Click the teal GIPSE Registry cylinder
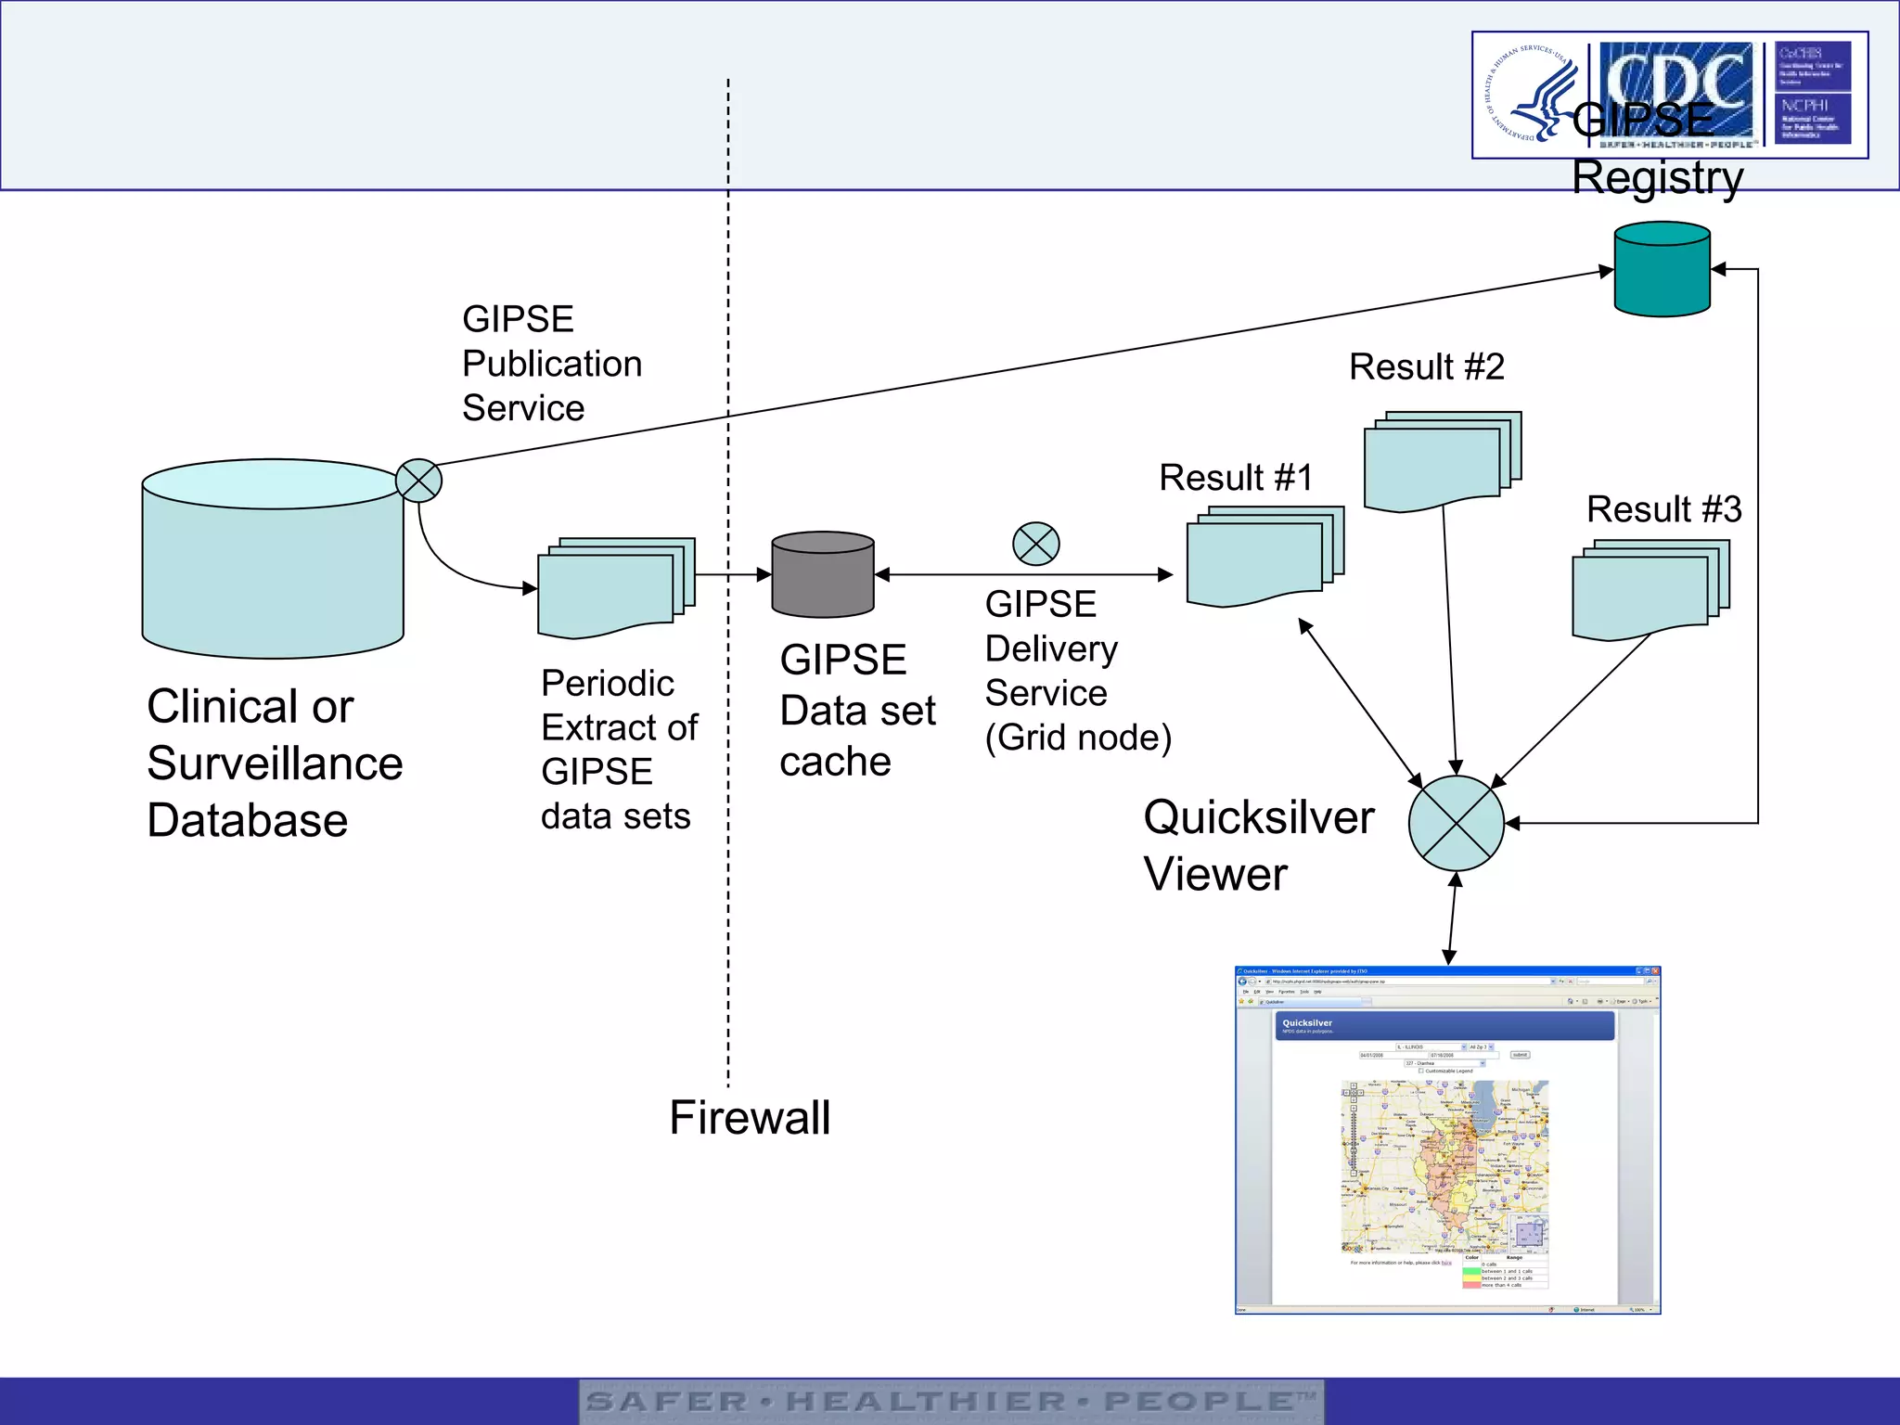[x=1662, y=270]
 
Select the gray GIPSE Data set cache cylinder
[x=822, y=575]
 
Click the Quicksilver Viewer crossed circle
[x=1456, y=823]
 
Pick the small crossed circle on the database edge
[x=418, y=481]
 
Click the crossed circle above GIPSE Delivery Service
[x=1035, y=544]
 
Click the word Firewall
[x=750, y=1117]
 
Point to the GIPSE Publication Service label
[x=551, y=364]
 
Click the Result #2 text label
[x=1426, y=367]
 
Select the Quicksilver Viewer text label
[x=1257, y=845]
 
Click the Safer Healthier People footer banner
[x=951, y=1401]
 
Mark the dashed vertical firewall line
[x=728, y=835]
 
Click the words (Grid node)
[x=1078, y=738]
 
